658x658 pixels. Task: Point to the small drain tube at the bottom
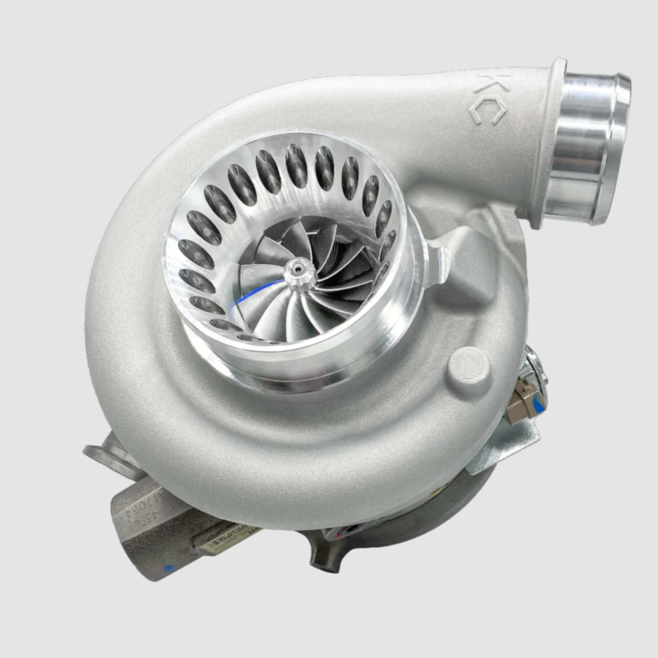(x=320, y=556)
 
